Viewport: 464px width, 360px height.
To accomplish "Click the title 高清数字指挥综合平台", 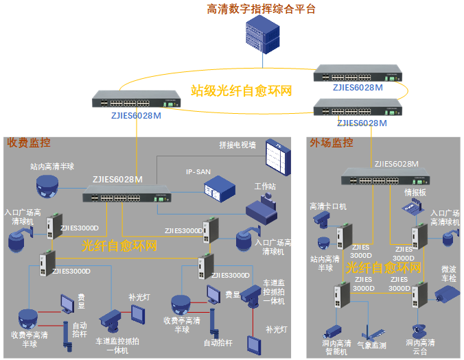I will coord(262,9).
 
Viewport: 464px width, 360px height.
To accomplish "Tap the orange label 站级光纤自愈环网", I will coord(241,91).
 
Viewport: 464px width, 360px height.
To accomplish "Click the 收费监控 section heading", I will coord(29,143).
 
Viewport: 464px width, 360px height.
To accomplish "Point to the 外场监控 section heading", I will coord(332,143).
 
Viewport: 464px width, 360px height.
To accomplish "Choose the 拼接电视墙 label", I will coord(237,145).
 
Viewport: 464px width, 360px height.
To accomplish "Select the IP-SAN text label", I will coord(198,171).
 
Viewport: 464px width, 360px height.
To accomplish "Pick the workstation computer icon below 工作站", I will coord(261,209).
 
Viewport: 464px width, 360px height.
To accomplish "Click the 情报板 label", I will coord(415,192).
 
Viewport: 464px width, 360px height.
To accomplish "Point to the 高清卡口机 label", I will coord(328,206).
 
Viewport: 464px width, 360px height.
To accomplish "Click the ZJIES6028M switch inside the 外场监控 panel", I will coord(380,180).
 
